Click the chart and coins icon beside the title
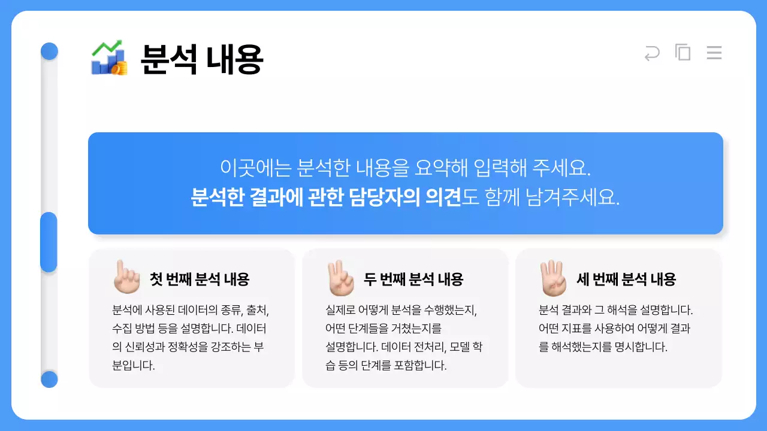click(x=109, y=57)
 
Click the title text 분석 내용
click(x=202, y=59)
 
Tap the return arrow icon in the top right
click(x=651, y=53)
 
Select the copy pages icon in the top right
click(x=683, y=53)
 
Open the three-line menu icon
click(x=714, y=53)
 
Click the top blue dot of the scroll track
click(x=49, y=51)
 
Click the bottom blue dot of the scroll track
click(x=49, y=379)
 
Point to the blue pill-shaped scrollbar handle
click(x=49, y=242)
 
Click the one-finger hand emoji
click(x=126, y=277)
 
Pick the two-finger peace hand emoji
click(x=339, y=278)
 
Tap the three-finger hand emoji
click(x=552, y=278)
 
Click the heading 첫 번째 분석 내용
click(x=199, y=279)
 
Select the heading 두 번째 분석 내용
click(x=413, y=279)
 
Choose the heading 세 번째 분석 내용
click(x=626, y=279)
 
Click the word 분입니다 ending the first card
click(x=134, y=366)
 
